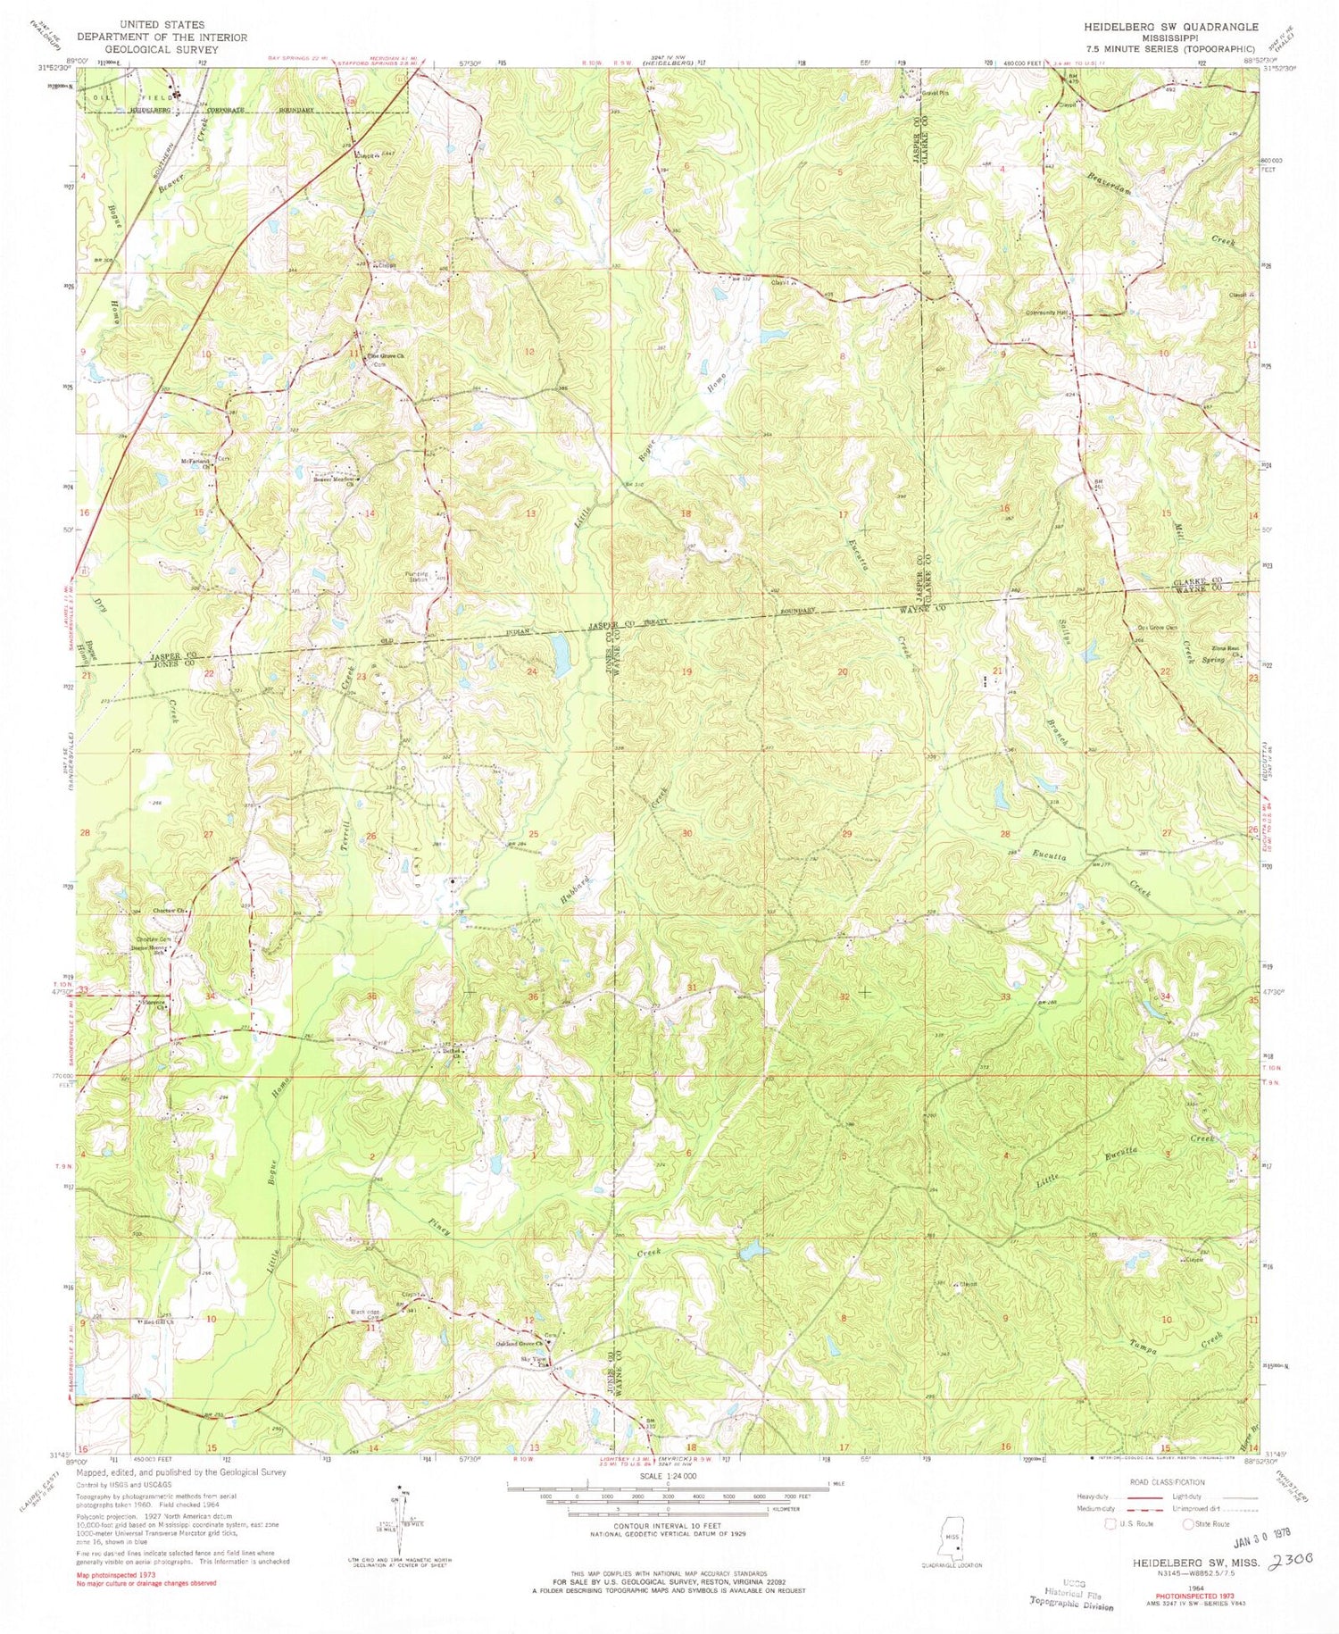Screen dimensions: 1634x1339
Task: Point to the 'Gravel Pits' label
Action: (x=933, y=92)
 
